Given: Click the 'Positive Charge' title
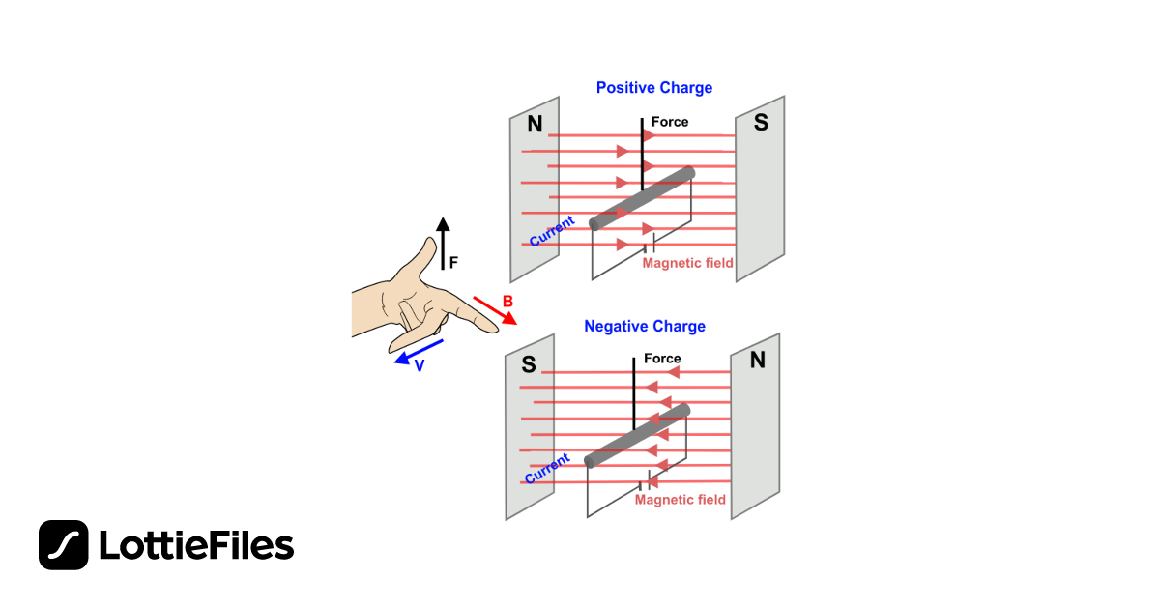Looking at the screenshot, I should [x=654, y=88].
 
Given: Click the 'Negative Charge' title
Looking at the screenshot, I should [x=645, y=327].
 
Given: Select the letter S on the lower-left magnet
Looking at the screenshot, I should [x=529, y=365].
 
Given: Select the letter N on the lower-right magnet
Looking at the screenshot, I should [x=757, y=361].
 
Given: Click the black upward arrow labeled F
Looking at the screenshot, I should [x=442, y=243].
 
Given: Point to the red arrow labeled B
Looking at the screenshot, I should [x=495, y=310].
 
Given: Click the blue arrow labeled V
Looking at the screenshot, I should [x=420, y=352].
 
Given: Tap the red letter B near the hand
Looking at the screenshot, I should [x=507, y=302].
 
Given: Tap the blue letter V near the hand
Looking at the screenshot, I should [x=420, y=367].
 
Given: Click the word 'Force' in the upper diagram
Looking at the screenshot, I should [x=670, y=122].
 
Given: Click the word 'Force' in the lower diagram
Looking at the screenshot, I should [x=663, y=359].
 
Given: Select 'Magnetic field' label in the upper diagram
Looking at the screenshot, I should [x=688, y=263].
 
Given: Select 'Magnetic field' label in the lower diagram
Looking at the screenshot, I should [x=681, y=500].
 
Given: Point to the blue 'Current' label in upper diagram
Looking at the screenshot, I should [x=552, y=231].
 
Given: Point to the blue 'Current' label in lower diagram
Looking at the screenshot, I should [x=547, y=469].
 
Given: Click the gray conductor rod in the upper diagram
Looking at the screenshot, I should [x=643, y=199].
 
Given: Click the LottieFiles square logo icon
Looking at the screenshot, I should [x=64, y=545].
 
